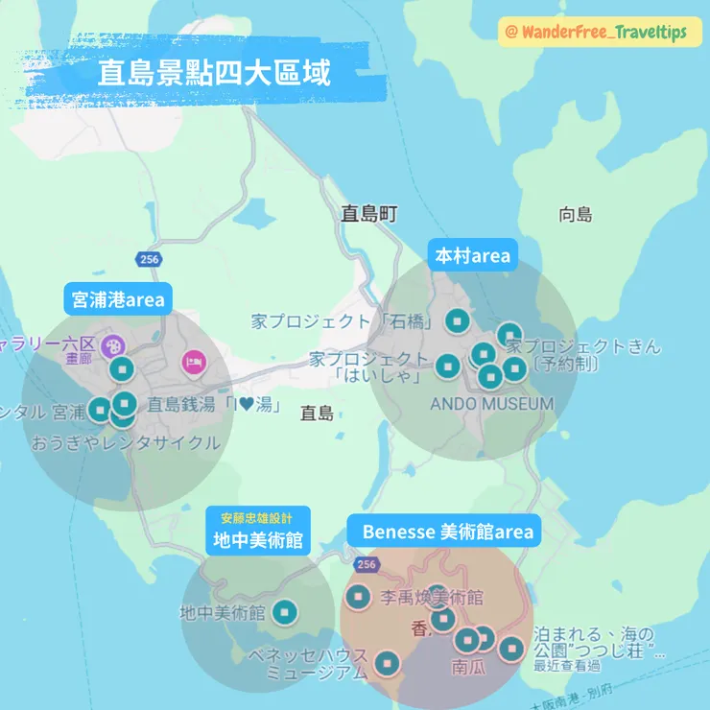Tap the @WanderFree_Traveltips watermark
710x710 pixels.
(x=601, y=33)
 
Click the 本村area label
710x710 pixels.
(x=473, y=256)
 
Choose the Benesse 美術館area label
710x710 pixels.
(x=446, y=531)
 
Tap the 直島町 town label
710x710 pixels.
(x=368, y=214)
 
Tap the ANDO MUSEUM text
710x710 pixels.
(x=491, y=404)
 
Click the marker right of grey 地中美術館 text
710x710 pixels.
(x=285, y=612)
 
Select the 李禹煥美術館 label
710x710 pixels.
(x=432, y=598)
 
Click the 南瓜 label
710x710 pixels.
(x=469, y=665)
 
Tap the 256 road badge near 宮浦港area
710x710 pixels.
(x=148, y=260)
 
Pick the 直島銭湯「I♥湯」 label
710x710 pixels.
(x=214, y=406)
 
